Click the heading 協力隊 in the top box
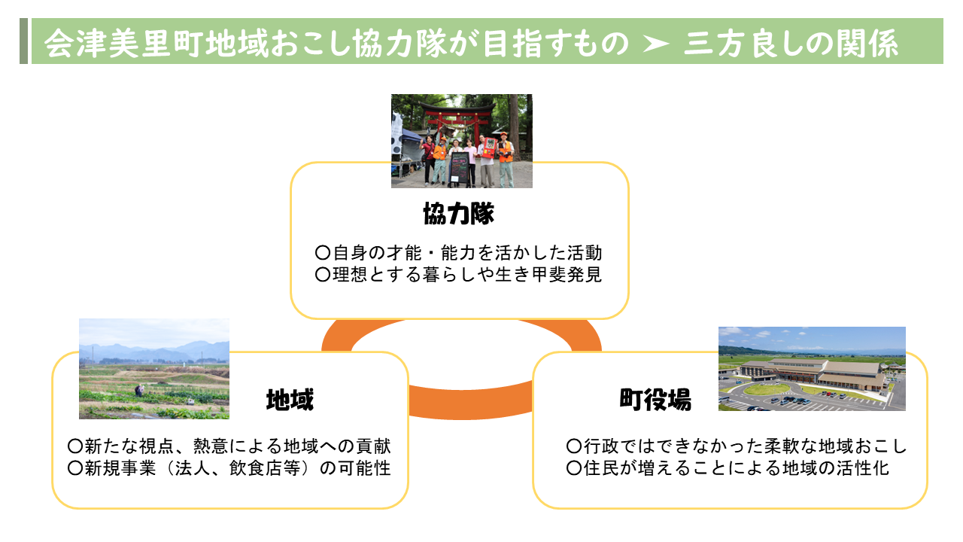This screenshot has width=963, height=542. click(459, 213)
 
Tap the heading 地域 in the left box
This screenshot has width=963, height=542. click(290, 400)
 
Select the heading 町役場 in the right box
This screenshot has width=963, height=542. click(655, 400)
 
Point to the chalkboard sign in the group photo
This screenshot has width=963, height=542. click(459, 169)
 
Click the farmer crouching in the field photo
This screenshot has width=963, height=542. click(139, 390)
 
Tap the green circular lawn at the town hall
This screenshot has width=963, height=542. click(767, 389)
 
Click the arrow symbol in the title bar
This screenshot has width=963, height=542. click(656, 44)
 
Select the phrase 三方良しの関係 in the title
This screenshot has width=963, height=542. click(791, 44)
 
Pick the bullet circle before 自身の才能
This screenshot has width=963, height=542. click(323, 252)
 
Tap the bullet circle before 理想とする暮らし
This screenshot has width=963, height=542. click(323, 275)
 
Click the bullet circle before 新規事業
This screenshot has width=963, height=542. click(74, 468)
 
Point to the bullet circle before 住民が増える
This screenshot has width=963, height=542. click(574, 468)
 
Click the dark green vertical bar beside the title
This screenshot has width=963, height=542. click(23, 41)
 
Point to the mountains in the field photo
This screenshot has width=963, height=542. click(154, 351)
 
